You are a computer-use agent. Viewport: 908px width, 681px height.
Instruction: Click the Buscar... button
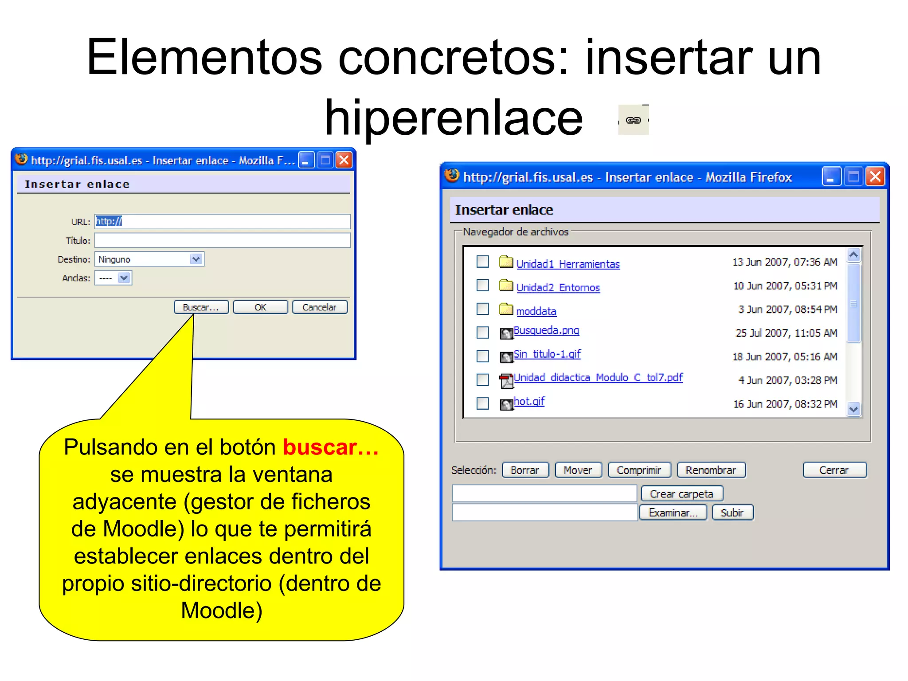pos(201,307)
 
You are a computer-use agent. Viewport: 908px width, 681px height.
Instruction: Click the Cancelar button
pos(319,307)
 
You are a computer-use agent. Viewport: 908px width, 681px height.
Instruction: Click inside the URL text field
pos(222,221)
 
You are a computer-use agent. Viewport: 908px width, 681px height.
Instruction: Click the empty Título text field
pos(222,240)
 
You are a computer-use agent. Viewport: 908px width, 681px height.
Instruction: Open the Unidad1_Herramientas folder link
pos(568,264)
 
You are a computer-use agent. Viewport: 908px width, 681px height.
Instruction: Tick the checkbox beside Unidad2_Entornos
pos(482,285)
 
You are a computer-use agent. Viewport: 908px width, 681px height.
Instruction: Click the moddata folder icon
pos(506,309)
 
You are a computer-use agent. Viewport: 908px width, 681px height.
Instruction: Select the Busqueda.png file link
pos(546,331)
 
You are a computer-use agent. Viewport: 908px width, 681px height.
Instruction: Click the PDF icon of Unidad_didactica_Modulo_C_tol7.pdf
pos(506,380)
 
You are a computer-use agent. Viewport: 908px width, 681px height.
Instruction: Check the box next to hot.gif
pos(482,403)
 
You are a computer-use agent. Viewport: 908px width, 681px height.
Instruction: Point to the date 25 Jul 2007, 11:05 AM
pos(786,333)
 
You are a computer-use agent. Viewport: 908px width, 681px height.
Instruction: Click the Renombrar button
pos(711,470)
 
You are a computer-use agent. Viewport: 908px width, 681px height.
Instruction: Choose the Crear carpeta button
pos(681,493)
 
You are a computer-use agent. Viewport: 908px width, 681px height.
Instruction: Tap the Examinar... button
pos(673,513)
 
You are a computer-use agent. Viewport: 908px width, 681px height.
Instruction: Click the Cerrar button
pos(834,470)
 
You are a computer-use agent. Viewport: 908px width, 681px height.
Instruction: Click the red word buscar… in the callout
pos(331,447)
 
